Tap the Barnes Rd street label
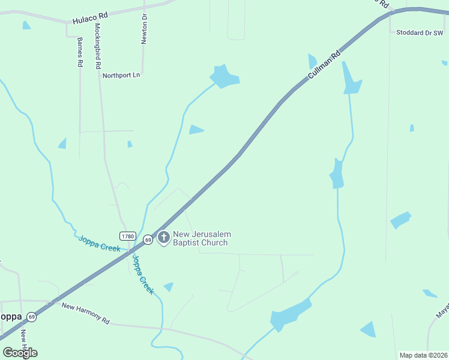coord(79,52)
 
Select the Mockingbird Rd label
coord(97,47)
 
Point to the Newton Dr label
coord(144,29)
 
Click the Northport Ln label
coord(121,76)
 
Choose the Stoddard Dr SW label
coord(419,33)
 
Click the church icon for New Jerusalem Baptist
coord(163,238)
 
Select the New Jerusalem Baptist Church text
coord(201,238)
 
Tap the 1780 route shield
coord(127,236)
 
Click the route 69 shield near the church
coord(148,239)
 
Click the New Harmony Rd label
coord(86,313)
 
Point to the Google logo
coord(20,352)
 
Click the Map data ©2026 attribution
coord(423,355)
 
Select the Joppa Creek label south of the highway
coord(142,275)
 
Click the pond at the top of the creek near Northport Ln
coord(224,76)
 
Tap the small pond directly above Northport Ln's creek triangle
coord(196,130)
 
